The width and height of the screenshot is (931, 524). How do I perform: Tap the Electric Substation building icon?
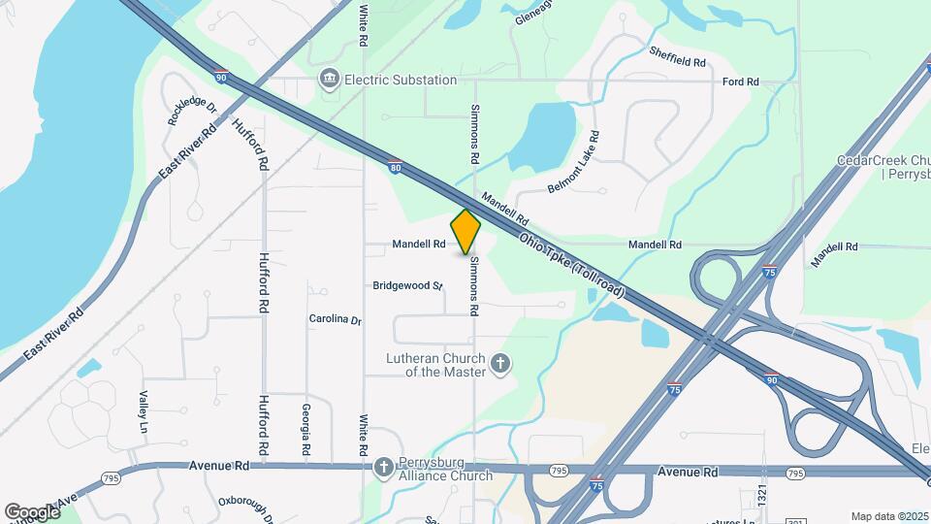click(329, 79)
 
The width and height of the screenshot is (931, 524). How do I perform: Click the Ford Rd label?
click(740, 82)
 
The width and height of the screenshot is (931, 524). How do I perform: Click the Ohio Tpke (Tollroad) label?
click(571, 265)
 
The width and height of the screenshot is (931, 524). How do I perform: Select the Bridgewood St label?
click(407, 286)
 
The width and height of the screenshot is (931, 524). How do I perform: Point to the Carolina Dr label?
click(335, 319)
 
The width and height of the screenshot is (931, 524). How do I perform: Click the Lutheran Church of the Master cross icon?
click(500, 364)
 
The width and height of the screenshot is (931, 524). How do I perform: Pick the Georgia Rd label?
click(305, 430)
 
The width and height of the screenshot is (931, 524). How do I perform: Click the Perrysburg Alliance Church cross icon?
click(384, 467)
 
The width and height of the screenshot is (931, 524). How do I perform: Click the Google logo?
click(31, 511)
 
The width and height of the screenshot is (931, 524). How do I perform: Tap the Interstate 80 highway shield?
click(396, 167)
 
